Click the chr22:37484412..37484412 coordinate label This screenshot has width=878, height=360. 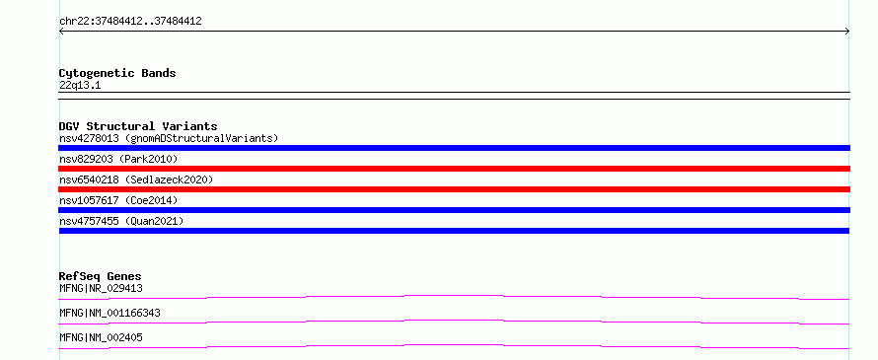[130, 22]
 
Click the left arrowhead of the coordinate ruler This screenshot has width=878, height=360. [60, 32]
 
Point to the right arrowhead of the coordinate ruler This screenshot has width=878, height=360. [847, 32]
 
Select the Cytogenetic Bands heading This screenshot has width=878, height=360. [117, 73]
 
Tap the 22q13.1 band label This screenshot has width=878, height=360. [80, 86]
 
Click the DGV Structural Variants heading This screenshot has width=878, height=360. [138, 126]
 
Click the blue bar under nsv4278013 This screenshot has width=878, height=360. [454, 148]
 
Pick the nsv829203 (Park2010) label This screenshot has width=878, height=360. [118, 159]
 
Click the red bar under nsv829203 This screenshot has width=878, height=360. [454, 169]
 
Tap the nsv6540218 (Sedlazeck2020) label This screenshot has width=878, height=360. [136, 180]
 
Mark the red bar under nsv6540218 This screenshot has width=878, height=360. [454, 189]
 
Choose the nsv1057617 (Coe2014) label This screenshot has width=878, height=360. [114, 200]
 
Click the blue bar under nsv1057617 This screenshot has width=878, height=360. [454, 210]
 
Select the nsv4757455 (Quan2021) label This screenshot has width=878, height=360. [121, 221]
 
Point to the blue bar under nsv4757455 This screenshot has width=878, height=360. [454, 231]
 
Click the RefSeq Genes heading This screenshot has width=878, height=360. [101, 276]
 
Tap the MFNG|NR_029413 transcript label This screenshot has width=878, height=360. [101, 289]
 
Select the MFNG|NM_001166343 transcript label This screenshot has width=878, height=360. [110, 313]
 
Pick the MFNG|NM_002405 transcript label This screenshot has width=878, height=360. [101, 337]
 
